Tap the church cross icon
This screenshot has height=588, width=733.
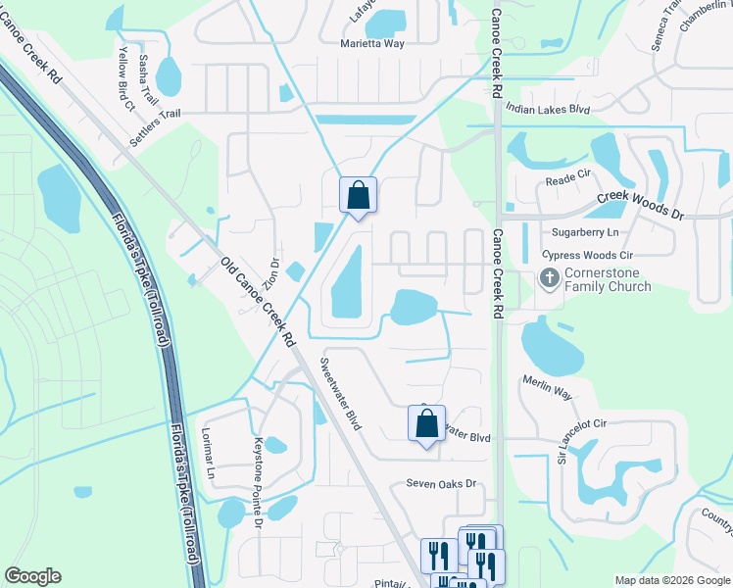[x=549, y=279]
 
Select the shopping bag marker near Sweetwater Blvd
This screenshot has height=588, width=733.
[x=426, y=424]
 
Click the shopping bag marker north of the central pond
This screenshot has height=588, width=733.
[x=358, y=194]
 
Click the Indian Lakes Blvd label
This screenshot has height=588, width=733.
[x=548, y=111]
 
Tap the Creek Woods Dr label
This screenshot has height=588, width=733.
[x=639, y=204]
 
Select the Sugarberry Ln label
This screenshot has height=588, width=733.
[x=586, y=232]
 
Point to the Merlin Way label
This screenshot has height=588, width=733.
[x=547, y=387]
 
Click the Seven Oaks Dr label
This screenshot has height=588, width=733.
[x=441, y=484]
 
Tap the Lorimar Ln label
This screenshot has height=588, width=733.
[x=209, y=452]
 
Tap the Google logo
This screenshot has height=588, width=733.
[x=32, y=576]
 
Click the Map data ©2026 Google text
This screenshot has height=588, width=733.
[x=671, y=580]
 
